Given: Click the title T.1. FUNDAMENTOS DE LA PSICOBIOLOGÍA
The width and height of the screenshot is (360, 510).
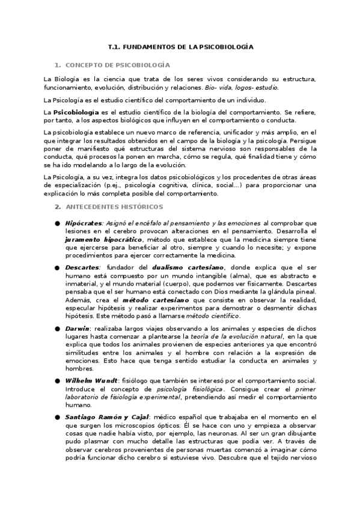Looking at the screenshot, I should point(180,46).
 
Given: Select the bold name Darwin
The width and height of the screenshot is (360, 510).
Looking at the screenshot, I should point(78,328).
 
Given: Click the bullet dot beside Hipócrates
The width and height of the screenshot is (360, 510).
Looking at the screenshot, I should point(57,224).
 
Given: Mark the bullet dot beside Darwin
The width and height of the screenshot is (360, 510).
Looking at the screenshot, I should point(57,329).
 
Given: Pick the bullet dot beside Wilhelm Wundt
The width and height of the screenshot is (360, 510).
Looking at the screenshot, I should point(57,382).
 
